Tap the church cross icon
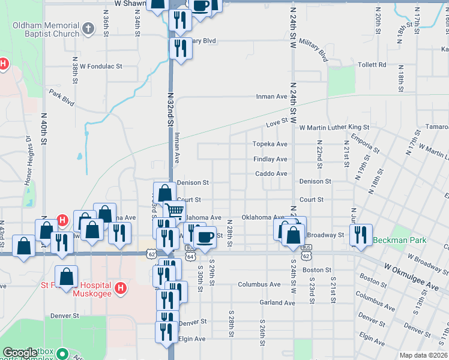pyautogui.click(x=88, y=28)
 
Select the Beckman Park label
pyautogui.click(x=399, y=241)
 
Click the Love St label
pyautogui.click(x=276, y=124)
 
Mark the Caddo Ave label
pyautogui.click(x=272, y=173)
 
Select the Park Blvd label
pyautogui.click(x=62, y=98)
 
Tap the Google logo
pyautogui.click(x=20, y=352)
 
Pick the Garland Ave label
pyautogui.click(x=277, y=303)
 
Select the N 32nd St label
pyautogui.click(x=170, y=109)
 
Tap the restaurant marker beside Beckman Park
pyautogui.click(x=361, y=234)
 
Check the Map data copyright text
pyautogui.click(x=424, y=355)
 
